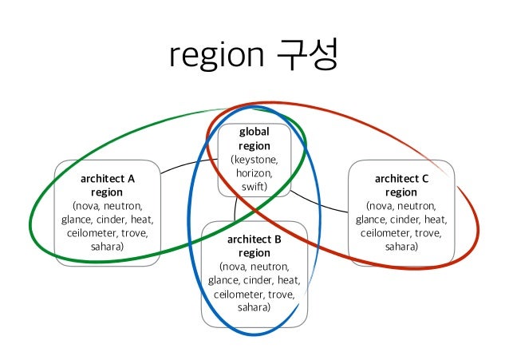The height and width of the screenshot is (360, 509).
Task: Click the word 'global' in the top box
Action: pos(254,132)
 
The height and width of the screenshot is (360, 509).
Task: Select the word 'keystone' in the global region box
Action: pos(254,160)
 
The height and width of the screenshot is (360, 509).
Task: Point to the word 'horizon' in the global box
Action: pos(254,173)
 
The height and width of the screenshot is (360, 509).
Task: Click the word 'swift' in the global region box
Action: pos(254,187)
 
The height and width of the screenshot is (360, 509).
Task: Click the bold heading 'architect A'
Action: pos(107,179)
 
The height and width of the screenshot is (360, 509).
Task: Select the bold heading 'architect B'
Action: pos(254,239)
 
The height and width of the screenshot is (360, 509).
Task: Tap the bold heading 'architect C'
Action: pos(401,179)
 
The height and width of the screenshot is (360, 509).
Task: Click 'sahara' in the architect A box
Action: pos(107,247)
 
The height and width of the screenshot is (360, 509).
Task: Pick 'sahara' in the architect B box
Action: pos(254,307)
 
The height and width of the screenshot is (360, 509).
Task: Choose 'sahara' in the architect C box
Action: pos(401,247)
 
